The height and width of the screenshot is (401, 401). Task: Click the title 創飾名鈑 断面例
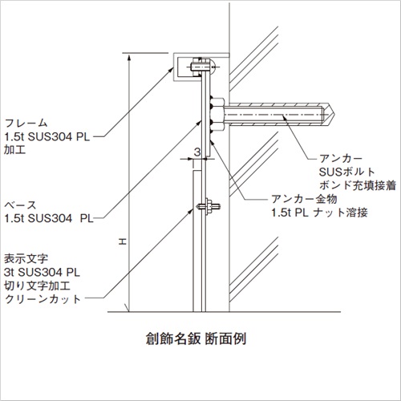[x=196, y=339]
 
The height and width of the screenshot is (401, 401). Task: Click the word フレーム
[x=26, y=124]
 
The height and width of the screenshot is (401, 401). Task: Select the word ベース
[x=20, y=205]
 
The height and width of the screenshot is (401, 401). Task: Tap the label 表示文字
[x=26, y=259]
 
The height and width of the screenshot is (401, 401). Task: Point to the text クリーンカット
[x=43, y=299]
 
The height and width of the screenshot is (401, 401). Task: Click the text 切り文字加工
[x=37, y=286]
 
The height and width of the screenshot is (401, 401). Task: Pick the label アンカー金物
[x=304, y=199]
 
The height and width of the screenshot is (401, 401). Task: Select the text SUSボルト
[x=347, y=172]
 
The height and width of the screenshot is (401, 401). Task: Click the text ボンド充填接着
[x=358, y=185]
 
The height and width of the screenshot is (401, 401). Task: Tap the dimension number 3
[x=197, y=152]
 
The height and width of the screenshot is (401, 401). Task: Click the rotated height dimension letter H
[x=123, y=242]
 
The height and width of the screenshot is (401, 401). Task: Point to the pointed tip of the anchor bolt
[x=334, y=115]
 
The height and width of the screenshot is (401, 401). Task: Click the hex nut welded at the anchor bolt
[x=217, y=115]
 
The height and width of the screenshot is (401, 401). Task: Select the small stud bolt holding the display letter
[x=209, y=206]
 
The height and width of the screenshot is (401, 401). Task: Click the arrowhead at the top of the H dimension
[x=129, y=57]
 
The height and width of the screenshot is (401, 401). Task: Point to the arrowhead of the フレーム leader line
[x=172, y=70]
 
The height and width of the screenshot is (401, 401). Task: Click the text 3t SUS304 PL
[x=42, y=273]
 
